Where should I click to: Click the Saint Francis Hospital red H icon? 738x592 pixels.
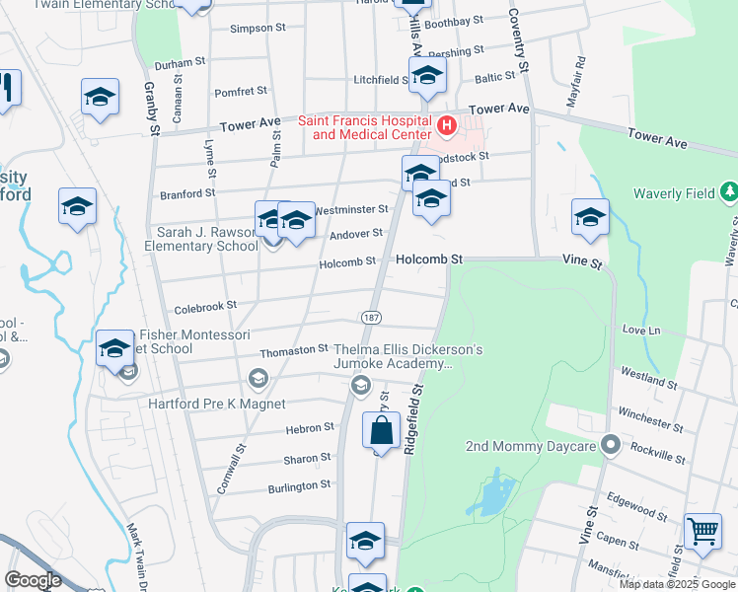pos(447,125)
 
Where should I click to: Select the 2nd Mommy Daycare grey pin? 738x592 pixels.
pos(611,446)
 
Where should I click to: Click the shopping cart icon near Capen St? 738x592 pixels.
pos(702,532)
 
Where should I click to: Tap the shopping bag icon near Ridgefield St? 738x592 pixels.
pos(381,431)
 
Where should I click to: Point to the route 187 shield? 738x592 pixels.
pos(371,317)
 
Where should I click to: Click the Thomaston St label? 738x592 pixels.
pos(293,350)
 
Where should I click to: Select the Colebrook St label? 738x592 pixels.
pos(205,308)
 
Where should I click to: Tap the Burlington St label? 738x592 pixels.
pos(299,486)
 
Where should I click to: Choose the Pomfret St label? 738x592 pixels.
pos(241,92)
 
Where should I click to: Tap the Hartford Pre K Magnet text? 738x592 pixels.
pos(216,404)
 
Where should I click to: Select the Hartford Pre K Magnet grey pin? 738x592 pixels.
pos(258,378)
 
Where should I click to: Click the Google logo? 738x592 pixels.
pos(34,579)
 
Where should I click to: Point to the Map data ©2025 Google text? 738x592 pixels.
pos(677,584)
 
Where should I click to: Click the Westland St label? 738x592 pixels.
pos(647,377)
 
